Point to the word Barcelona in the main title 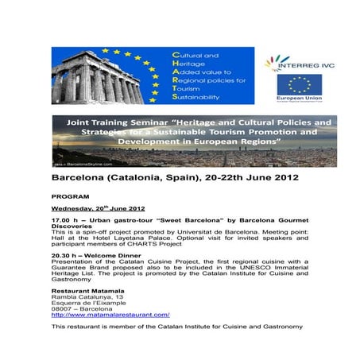(x=83, y=178)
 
